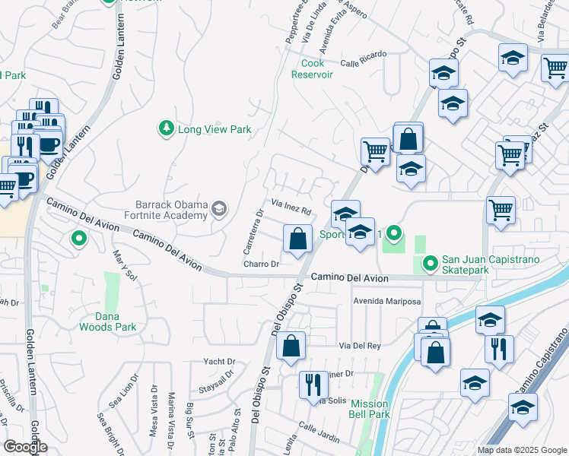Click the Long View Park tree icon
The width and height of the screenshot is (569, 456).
click(x=166, y=129)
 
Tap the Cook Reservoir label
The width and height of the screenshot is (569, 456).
click(x=313, y=69)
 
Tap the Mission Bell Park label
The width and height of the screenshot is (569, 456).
click(x=370, y=409)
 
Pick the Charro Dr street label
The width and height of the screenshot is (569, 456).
click(x=262, y=264)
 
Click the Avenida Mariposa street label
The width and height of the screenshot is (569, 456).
click(x=386, y=302)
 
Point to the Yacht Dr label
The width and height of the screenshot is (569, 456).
click(x=220, y=361)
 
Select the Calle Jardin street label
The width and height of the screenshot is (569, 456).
click(x=319, y=431)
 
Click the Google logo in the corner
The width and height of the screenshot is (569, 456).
click(x=25, y=447)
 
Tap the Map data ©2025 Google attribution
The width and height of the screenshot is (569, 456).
click(x=522, y=450)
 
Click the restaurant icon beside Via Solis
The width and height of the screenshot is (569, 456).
click(x=313, y=385)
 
